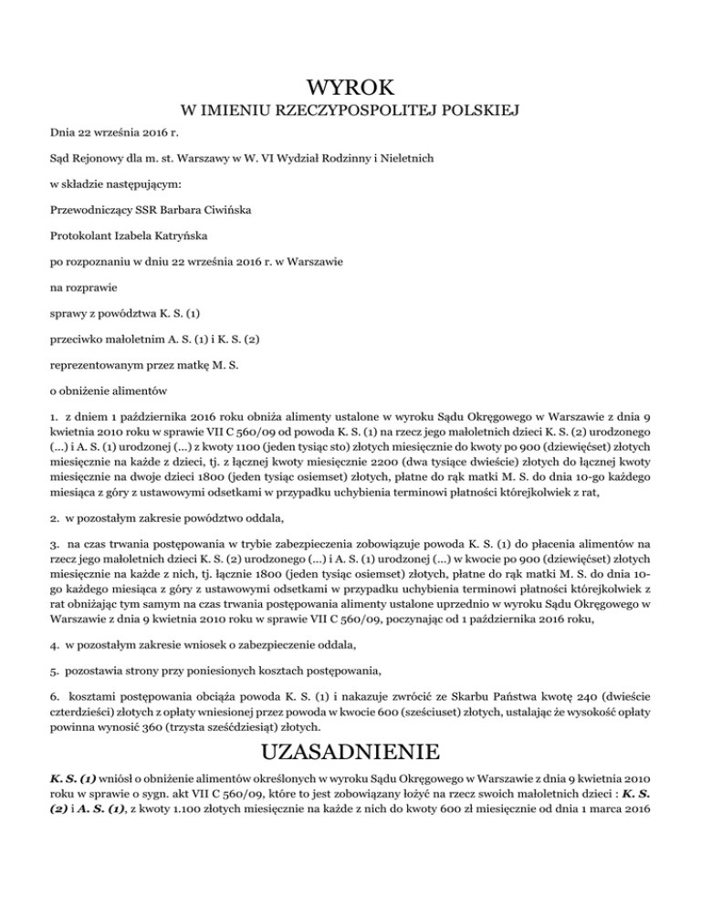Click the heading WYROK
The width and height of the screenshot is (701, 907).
350,89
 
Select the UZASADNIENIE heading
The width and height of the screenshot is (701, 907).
350,752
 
